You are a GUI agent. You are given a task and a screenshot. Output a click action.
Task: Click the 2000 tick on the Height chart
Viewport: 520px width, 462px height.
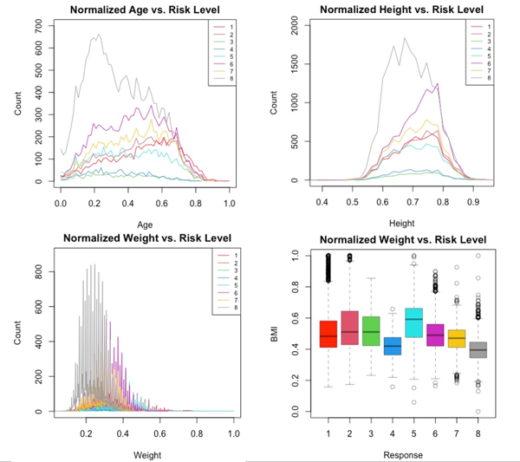pos(296,29)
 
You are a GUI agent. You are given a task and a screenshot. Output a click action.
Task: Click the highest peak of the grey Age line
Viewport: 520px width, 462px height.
pos(99,36)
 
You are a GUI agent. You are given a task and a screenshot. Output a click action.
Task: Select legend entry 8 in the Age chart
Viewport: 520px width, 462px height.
pos(227,79)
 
